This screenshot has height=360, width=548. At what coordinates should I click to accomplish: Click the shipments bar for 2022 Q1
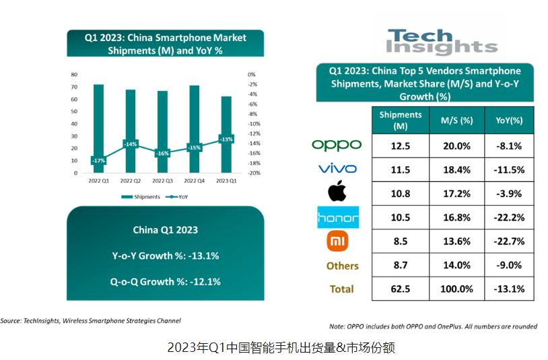point(98,121)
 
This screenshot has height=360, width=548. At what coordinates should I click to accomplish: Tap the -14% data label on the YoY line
point(131,144)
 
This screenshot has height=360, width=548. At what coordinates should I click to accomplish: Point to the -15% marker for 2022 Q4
point(195,147)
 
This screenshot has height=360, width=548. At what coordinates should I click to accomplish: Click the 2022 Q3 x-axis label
point(162,181)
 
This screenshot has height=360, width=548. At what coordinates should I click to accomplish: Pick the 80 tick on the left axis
point(73,74)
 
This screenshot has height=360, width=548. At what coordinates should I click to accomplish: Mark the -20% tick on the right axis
point(254,173)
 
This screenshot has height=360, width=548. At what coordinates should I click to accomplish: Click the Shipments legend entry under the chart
point(141,197)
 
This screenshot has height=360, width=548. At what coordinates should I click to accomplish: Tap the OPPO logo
point(337,145)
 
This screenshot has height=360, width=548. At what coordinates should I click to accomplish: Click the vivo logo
point(337,169)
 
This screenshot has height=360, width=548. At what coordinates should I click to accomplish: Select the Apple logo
point(337,192)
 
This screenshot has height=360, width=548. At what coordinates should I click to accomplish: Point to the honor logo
point(337,217)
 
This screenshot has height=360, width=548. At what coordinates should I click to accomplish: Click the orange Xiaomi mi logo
point(337,241)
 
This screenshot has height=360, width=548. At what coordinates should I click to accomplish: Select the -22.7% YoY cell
point(508,242)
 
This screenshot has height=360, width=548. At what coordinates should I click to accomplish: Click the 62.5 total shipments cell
point(400,289)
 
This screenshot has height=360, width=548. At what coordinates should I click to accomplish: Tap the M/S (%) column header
point(456,120)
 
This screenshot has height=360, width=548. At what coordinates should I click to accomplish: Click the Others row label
point(342,266)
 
